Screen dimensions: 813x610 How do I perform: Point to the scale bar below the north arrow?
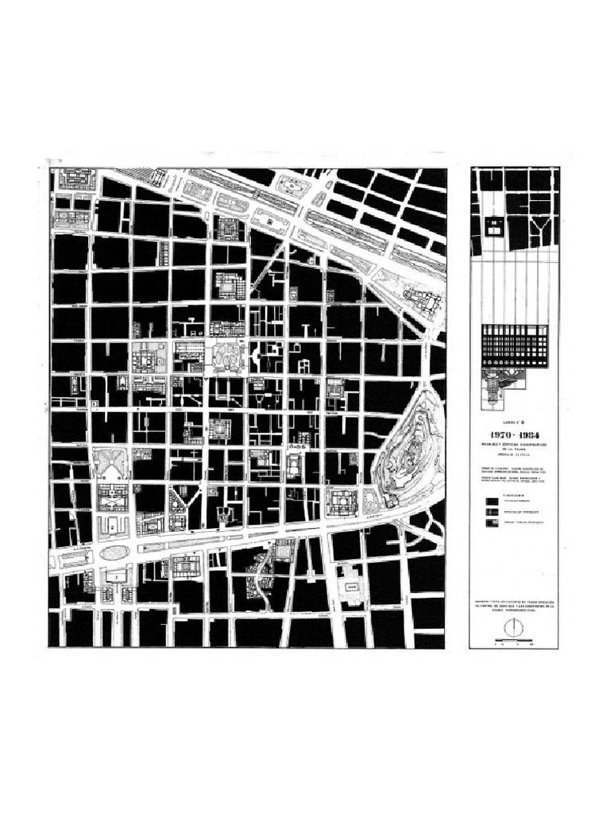coord(513,642)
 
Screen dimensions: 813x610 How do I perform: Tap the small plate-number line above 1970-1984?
coord(514,423)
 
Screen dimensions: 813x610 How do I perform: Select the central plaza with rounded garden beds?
coord(227,356)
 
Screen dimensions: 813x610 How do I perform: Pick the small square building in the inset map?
coord(494,225)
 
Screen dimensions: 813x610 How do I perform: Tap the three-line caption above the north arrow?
coord(514,607)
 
